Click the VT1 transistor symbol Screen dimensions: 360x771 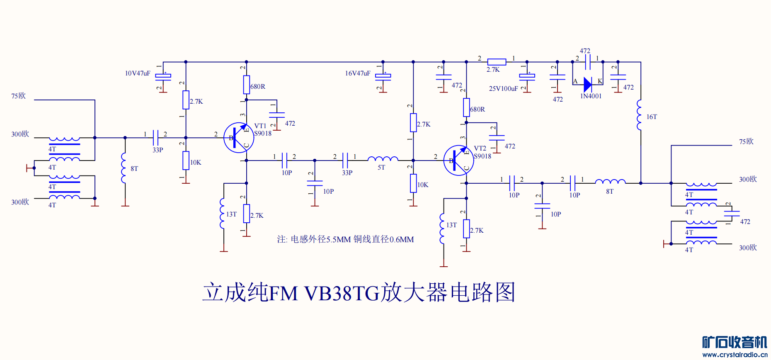click(238, 138)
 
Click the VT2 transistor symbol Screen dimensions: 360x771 click(458, 161)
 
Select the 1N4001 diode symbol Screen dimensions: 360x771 click(587, 85)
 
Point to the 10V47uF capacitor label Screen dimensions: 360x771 click(138, 73)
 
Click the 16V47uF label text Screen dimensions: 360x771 click(358, 73)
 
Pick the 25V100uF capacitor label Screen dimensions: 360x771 click(503, 89)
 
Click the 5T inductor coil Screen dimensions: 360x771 click(383, 158)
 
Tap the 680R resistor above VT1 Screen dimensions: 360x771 click(246, 85)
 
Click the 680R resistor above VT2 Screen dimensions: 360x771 click(466, 107)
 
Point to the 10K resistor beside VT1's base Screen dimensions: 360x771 click(186, 161)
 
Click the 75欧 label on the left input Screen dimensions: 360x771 click(19, 96)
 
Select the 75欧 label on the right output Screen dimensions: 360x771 click(746, 142)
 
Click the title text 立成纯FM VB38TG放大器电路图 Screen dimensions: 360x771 click(359, 292)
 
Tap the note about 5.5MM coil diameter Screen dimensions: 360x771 click(345, 239)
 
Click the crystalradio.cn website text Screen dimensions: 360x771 click(735, 355)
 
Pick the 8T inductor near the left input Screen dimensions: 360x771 click(124, 168)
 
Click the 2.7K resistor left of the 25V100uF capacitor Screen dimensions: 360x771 click(496, 62)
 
